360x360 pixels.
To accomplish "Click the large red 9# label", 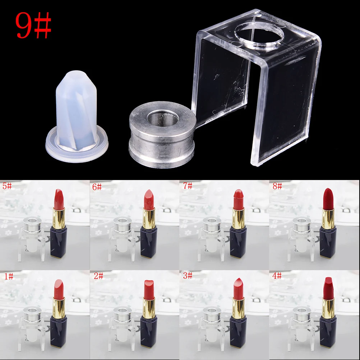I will [33, 26].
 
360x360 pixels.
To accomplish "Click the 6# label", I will [97, 187].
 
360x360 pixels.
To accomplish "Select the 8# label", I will [277, 186].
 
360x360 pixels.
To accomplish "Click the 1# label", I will [8, 276].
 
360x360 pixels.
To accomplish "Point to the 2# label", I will [98, 276].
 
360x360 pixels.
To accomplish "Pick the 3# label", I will [188, 276].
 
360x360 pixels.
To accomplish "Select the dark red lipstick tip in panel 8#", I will [327, 197].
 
